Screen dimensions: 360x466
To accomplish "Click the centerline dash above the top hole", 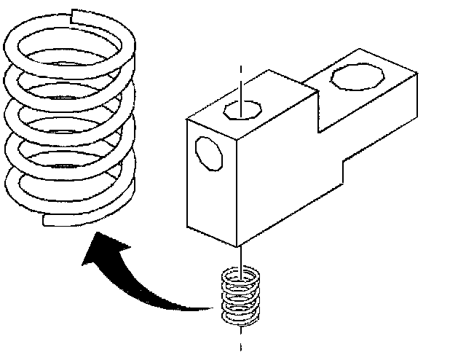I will [240, 77].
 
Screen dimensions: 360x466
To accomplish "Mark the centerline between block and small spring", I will [240, 255].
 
